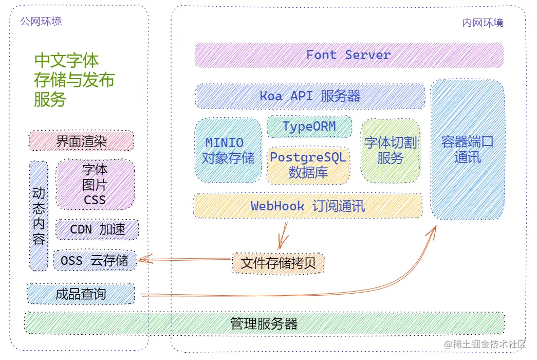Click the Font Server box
click(349, 55)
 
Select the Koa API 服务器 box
click(310, 96)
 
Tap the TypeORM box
click(309, 127)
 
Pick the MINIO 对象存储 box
click(228, 150)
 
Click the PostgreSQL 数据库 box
click(308, 165)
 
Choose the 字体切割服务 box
click(391, 151)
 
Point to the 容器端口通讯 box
click(468, 149)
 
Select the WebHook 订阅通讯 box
click(307, 206)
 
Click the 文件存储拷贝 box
click(278, 263)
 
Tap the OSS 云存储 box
click(95, 261)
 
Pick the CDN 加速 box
click(97, 229)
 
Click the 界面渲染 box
click(81, 141)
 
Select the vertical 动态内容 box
click(39, 216)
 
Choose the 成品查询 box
click(81, 294)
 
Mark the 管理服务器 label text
click(264, 323)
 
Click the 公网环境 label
click(41, 21)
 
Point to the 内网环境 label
click(483, 23)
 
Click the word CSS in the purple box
click(95, 200)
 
